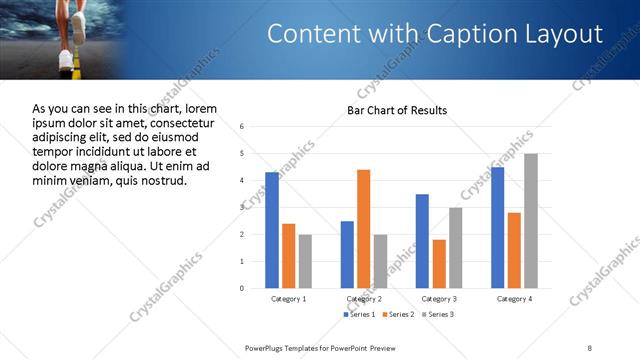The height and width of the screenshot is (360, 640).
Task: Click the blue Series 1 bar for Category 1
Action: click(x=272, y=230)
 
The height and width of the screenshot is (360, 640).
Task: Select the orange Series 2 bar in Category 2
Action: click(x=363, y=229)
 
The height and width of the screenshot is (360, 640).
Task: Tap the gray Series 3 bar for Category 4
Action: click(x=531, y=221)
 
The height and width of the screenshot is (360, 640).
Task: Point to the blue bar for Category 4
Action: click(x=498, y=228)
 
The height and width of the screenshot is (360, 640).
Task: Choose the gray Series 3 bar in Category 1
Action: click(x=305, y=261)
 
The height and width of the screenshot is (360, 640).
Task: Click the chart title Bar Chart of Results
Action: click(x=397, y=110)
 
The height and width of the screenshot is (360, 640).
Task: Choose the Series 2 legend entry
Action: click(x=398, y=315)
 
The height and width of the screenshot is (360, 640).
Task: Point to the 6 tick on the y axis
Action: click(x=242, y=127)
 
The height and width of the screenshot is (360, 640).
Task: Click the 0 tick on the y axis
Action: click(x=242, y=288)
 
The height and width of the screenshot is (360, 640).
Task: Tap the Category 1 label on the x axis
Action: click(x=289, y=299)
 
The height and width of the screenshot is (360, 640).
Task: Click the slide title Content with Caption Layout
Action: click(x=435, y=35)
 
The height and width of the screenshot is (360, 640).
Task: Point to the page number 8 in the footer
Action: click(x=590, y=347)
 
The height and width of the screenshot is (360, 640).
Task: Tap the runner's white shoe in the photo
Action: click(x=67, y=58)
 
